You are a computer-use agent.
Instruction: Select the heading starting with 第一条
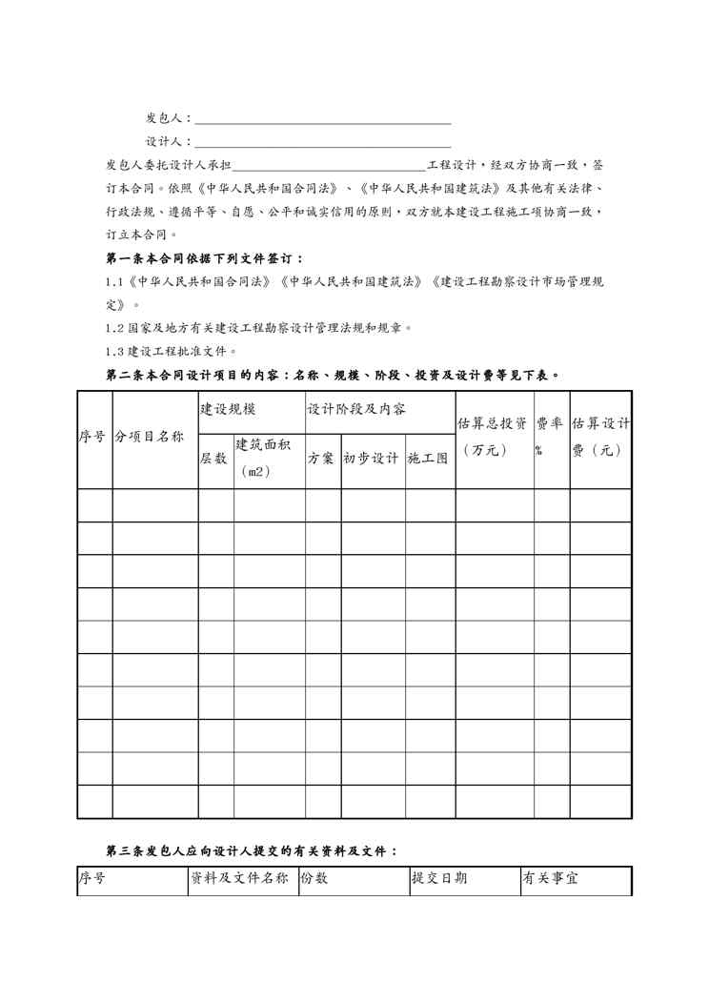205,258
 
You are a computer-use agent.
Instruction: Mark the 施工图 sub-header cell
428,459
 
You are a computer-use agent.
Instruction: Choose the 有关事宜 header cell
550,879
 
